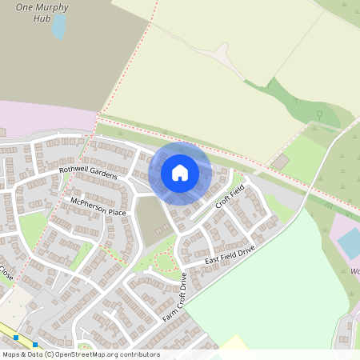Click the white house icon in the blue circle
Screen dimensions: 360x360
(180, 172)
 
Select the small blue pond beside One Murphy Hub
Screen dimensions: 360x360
(59, 26)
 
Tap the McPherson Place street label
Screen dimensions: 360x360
(98, 207)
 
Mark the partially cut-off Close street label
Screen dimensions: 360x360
(6, 273)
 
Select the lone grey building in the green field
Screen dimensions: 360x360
(279, 162)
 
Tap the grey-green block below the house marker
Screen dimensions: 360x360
(151, 219)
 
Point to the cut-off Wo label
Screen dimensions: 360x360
(354, 270)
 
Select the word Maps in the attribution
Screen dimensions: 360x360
(12, 354)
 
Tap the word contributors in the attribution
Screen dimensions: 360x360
(141, 354)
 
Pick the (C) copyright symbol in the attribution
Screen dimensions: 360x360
(50, 354)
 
